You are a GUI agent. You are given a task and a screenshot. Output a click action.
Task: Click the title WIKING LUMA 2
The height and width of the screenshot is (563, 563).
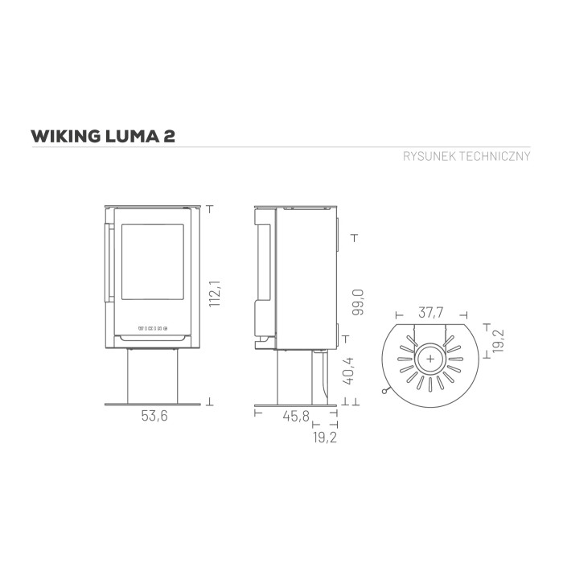pyautogui.click(x=103, y=137)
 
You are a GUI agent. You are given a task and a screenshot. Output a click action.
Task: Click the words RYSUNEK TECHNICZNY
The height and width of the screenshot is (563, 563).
pyautogui.click(x=466, y=156)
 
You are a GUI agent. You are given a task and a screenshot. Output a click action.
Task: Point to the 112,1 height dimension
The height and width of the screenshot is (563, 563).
pyautogui.click(x=215, y=294)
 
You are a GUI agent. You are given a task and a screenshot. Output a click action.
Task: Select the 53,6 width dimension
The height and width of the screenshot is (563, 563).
pyautogui.click(x=154, y=416)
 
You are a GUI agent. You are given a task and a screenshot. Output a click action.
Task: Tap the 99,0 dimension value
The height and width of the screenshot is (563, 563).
pyautogui.click(x=358, y=302)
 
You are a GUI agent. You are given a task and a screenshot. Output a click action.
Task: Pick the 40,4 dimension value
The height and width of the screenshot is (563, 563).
pyautogui.click(x=348, y=371)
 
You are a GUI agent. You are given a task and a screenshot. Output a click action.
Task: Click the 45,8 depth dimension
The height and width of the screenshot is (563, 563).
pyautogui.click(x=296, y=416)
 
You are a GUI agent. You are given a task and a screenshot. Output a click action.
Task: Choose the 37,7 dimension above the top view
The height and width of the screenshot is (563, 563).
pyautogui.click(x=431, y=313)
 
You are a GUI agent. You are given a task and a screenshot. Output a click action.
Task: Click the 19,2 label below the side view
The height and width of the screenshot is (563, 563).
pyautogui.click(x=325, y=438)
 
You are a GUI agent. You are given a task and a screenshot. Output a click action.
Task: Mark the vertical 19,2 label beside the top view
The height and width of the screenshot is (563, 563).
pyautogui.click(x=499, y=341)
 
